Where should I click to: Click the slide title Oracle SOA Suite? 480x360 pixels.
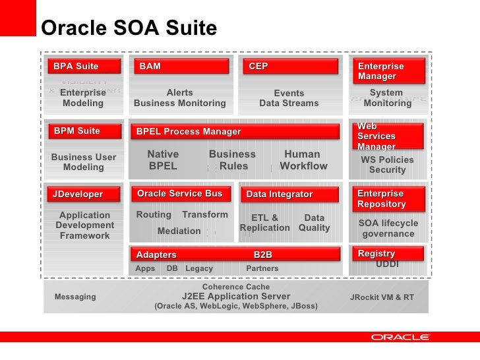point(129,28)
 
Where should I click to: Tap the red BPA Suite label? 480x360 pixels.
point(84,66)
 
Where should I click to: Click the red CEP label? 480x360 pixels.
point(290,66)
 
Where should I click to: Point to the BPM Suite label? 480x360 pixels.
point(84,131)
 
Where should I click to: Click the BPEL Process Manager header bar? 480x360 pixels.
point(238,132)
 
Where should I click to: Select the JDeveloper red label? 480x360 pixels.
point(84,194)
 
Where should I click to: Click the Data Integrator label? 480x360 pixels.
point(290,195)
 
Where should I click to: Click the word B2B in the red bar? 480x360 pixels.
point(262,255)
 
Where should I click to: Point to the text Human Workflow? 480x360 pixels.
point(303,160)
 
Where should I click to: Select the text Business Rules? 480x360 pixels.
point(232,160)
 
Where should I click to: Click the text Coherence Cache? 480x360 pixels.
point(235,287)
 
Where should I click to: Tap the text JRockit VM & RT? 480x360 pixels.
point(382,297)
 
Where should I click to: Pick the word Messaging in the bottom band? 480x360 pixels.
point(75,297)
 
